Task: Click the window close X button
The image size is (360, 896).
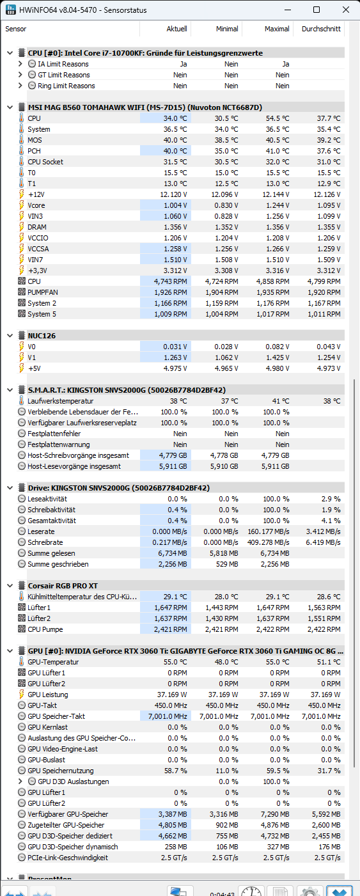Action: click(x=346, y=10)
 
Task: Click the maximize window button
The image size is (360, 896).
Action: click(x=317, y=10)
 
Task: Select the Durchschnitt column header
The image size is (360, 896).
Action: click(x=321, y=29)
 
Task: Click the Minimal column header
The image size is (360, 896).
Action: click(x=227, y=29)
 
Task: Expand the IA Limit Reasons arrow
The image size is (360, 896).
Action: click(x=20, y=63)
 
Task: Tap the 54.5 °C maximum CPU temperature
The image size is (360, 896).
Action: click(x=278, y=118)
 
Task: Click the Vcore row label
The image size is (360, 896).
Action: click(x=36, y=205)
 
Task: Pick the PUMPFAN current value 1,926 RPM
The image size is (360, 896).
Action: click(x=170, y=292)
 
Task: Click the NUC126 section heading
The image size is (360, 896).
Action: click(x=42, y=336)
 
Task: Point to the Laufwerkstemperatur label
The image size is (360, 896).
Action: click(x=60, y=401)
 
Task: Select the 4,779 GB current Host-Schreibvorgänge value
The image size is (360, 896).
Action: click(x=173, y=455)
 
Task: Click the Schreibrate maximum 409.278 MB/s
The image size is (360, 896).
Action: click(x=268, y=542)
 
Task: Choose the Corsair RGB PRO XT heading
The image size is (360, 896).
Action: click(x=63, y=586)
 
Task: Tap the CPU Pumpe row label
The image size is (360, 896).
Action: click(x=45, y=629)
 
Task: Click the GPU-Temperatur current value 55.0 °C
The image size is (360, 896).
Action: click(x=175, y=662)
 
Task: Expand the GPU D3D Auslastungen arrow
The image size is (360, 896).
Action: click(x=20, y=781)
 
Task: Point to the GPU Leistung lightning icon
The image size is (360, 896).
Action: click(x=22, y=695)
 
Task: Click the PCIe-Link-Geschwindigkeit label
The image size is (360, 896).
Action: click(x=68, y=858)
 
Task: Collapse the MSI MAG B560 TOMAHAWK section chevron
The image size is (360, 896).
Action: click(x=10, y=107)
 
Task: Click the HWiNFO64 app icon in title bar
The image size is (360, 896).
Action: click(x=11, y=10)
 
